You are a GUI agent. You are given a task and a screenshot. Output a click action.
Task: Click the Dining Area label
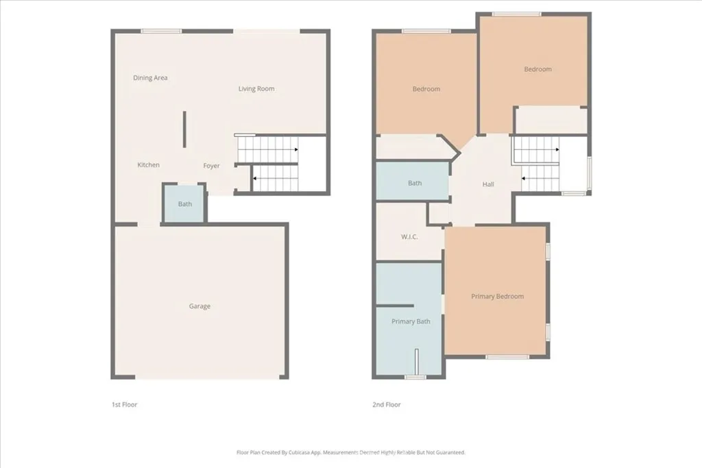pos(150,78)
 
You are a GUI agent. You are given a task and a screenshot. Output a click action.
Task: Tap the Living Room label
pos(256,88)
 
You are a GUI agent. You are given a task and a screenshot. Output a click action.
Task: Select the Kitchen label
pos(149,165)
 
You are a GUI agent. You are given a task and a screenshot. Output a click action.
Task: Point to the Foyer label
pos(212,166)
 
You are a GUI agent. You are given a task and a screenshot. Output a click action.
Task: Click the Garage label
pos(200,306)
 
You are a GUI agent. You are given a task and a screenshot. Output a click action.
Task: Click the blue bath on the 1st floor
pos(184,204)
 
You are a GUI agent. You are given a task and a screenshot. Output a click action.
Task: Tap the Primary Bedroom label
pos(497,297)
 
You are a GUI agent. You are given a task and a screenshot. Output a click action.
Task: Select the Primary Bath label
pos(411,321)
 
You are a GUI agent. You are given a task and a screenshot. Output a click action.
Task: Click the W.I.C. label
pos(410,237)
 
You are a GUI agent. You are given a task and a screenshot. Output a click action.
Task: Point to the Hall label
pos(488,184)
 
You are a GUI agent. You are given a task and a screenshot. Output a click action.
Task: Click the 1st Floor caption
pos(124,405)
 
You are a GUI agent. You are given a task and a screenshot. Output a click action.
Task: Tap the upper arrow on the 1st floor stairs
pos(295,149)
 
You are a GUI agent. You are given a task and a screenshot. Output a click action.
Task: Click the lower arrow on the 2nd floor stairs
pos(524,179)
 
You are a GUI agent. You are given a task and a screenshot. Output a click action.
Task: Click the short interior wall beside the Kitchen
pos(184,129)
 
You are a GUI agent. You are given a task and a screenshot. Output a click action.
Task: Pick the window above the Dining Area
pos(162,31)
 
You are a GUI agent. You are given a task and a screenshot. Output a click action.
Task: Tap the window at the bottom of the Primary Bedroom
pos(507,357)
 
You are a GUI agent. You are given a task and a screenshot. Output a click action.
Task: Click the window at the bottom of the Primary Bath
pos(415,377)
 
